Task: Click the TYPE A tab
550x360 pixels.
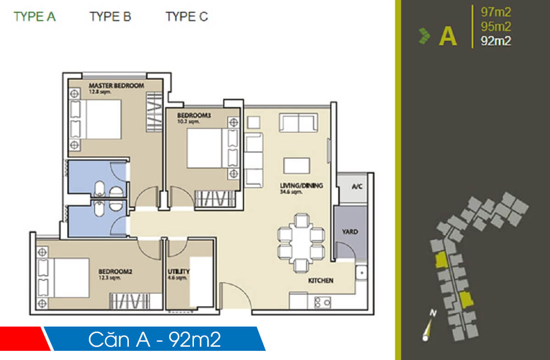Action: [35, 17]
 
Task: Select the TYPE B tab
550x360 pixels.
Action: [110, 17]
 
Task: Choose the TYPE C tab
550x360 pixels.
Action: [187, 17]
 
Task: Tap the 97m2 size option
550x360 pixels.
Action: [495, 12]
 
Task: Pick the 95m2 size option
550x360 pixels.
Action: [495, 27]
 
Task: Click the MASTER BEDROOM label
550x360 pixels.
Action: [116, 86]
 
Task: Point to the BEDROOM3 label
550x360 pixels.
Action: [194, 116]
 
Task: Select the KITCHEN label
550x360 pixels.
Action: [320, 280]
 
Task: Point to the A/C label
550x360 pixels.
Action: [357, 187]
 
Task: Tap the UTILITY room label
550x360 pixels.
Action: [178, 272]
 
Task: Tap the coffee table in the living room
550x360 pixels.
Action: [296, 165]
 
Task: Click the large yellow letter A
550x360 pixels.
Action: [448, 37]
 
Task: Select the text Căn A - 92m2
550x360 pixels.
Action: [154, 339]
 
